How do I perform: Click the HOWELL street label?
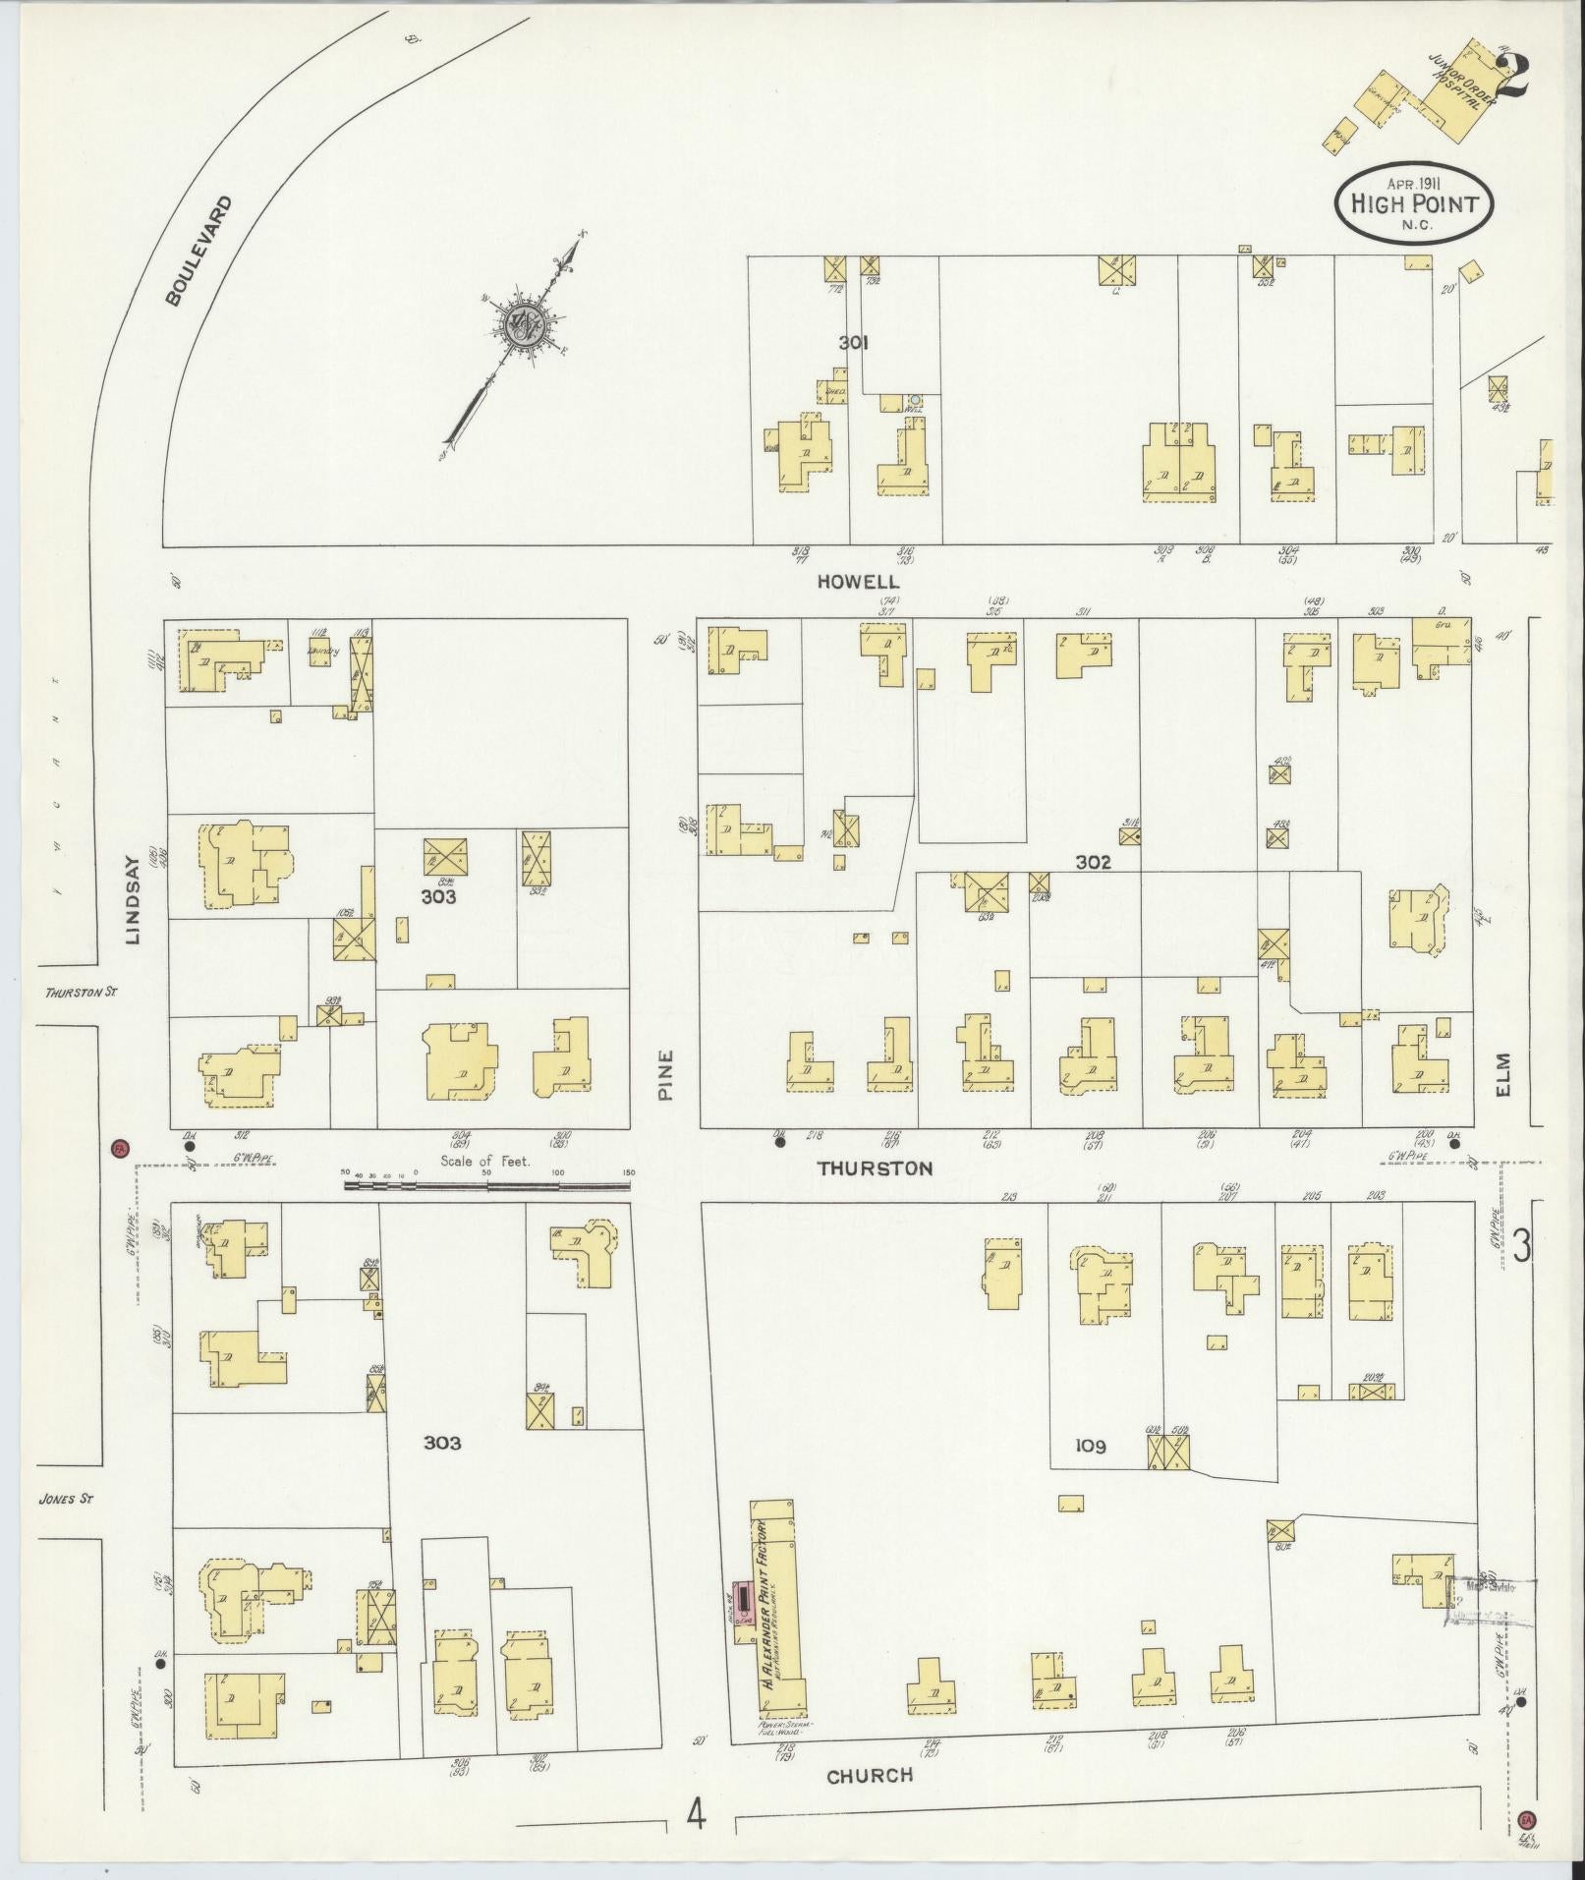[859, 582]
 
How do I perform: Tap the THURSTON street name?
[875, 1168]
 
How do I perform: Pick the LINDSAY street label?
[133, 911]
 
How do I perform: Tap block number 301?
[854, 343]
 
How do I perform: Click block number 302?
[1093, 863]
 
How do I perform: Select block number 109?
[1091, 1446]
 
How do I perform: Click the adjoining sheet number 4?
[697, 1815]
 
